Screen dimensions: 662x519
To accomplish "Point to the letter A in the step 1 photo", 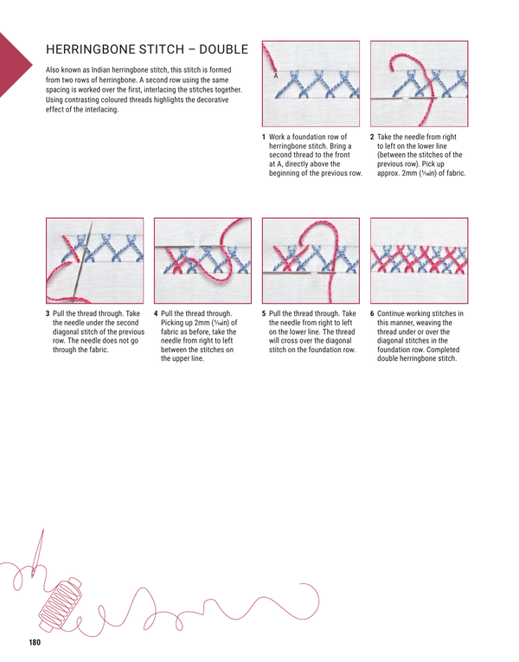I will (x=274, y=76).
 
